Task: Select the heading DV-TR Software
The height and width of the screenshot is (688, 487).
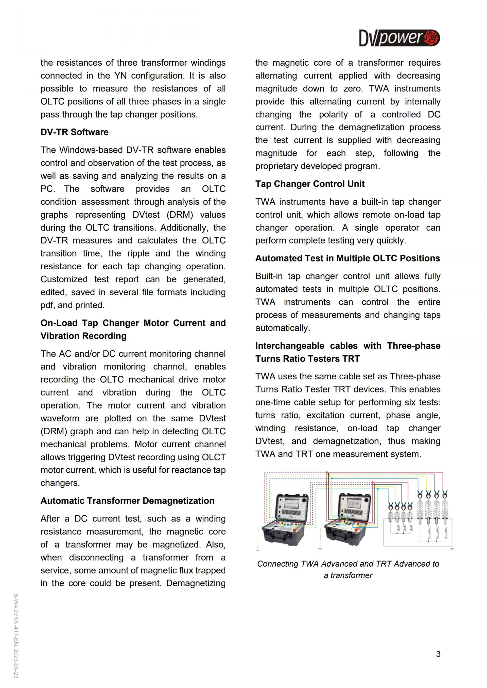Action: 74,132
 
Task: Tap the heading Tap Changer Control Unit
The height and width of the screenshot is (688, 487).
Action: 310,184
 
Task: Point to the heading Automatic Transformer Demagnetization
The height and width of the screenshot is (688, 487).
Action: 127,501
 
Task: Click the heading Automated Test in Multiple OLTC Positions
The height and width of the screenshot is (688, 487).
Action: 347,258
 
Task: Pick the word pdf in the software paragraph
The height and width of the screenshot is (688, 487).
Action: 47,305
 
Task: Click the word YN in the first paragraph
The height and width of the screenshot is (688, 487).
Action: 120,76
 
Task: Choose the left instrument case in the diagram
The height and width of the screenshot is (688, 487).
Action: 285,520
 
